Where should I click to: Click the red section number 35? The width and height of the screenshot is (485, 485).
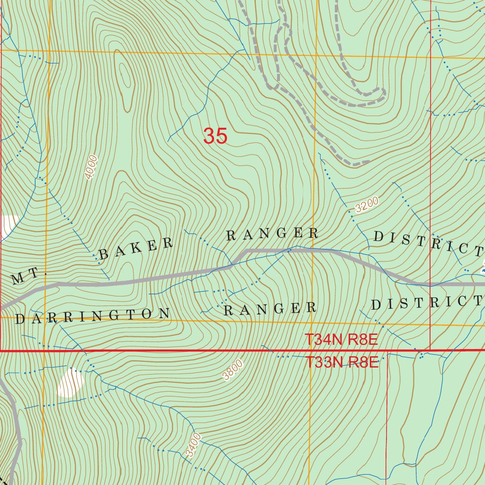pyautogui.click(x=216, y=136)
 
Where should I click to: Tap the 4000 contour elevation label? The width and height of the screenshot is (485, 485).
pyautogui.click(x=91, y=167)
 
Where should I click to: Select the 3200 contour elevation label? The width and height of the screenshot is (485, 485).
pyautogui.click(x=367, y=204)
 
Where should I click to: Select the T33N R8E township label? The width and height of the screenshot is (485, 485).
pyautogui.click(x=341, y=363)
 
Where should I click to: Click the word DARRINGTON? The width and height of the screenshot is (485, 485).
pyautogui.click(x=92, y=316)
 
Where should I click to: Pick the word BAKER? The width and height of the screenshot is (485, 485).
pyautogui.click(x=136, y=249)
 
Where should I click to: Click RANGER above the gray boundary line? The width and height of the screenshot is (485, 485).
pyautogui.click(x=272, y=234)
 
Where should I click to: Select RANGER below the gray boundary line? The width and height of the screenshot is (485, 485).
pyautogui.click(x=269, y=309)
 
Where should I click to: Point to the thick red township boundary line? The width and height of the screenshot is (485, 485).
pyautogui.click(x=189, y=351)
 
